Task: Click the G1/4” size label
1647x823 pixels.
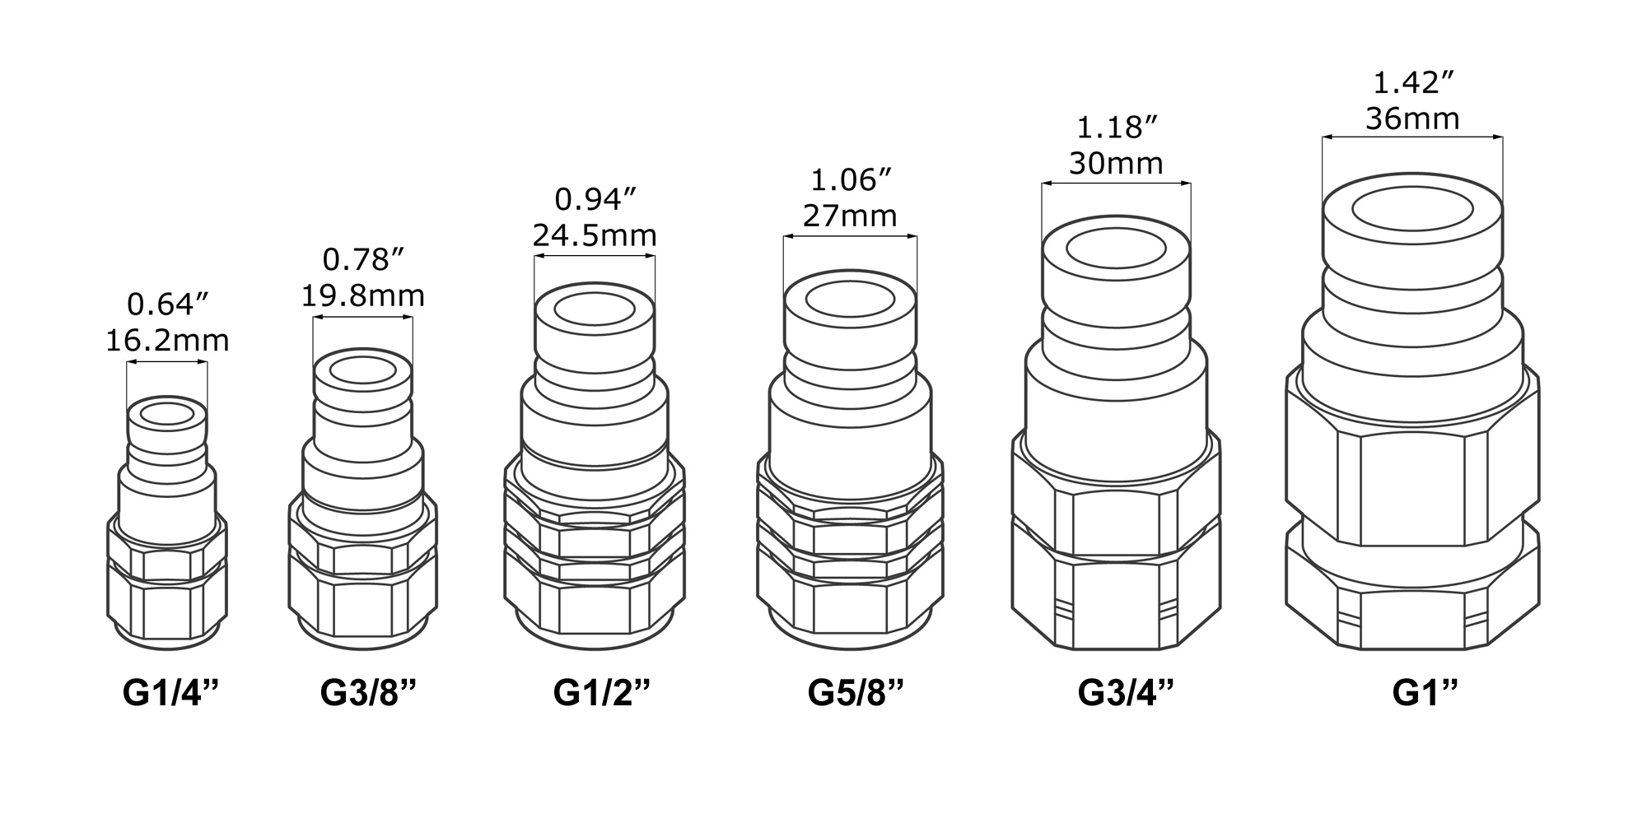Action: click(171, 692)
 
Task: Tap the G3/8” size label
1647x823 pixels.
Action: click(368, 692)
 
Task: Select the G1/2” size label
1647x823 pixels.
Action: click(602, 692)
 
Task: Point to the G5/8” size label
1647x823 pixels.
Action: click(856, 692)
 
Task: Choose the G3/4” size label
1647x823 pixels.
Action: click(1125, 692)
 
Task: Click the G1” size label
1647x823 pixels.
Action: click(1425, 692)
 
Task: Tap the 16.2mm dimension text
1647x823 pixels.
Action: click(167, 341)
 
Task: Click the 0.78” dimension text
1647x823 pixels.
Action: click(362, 259)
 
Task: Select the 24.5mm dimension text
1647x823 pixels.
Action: click(595, 235)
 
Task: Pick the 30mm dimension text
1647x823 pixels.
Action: click(1116, 164)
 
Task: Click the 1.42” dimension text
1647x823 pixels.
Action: click(1413, 82)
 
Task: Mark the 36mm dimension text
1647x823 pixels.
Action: click(1412, 119)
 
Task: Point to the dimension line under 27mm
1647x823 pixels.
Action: click(850, 237)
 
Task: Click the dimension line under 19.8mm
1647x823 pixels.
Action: click(362, 317)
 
